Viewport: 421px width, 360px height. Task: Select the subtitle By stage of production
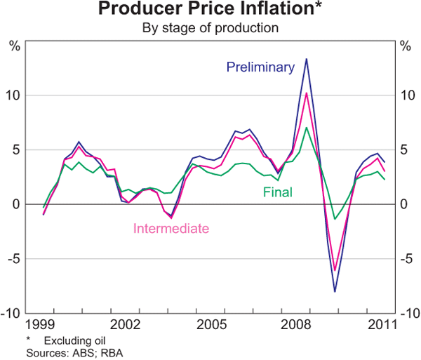pos(210,29)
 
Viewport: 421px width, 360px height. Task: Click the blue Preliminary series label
pos(260,67)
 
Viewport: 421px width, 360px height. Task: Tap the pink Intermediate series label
pos(171,228)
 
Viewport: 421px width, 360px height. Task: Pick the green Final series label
pos(278,192)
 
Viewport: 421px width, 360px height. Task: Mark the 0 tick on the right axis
pos(403,204)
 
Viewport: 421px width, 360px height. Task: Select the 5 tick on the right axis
pos(403,150)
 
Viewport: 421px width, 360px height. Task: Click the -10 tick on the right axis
pos(407,314)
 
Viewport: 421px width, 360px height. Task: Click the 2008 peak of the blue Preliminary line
pos(307,59)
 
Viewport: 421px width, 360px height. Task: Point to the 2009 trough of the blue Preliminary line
pos(335,291)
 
